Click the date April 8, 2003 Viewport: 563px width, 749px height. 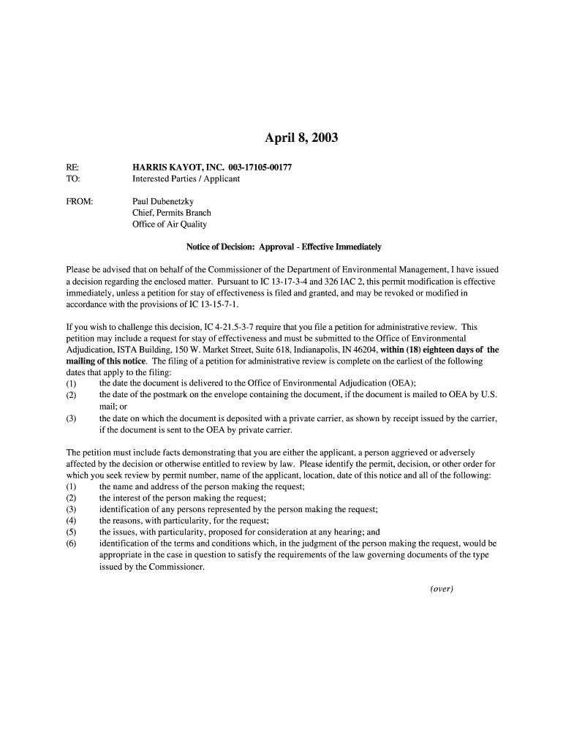[x=301, y=138]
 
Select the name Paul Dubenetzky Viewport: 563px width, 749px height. [x=163, y=200]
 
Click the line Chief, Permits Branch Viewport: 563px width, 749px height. [x=171, y=212]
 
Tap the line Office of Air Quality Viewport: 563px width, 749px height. [x=170, y=224]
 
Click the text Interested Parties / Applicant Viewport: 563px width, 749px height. [x=186, y=178]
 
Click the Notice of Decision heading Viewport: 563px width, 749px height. [x=284, y=246]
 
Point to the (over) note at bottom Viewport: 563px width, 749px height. [x=442, y=590]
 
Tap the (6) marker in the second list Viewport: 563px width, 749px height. [x=71, y=543]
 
